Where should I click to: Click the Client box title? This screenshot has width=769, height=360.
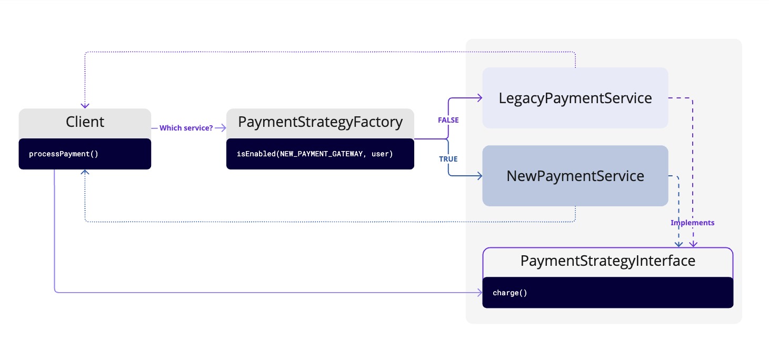(x=85, y=122)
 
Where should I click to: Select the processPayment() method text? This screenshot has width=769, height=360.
(x=64, y=154)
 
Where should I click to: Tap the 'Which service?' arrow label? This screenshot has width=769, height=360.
(x=186, y=128)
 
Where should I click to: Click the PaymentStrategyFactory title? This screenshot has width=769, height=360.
(x=320, y=122)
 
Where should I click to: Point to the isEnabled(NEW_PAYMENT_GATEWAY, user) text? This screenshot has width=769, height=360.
(x=315, y=154)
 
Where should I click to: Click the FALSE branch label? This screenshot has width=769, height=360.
(x=448, y=120)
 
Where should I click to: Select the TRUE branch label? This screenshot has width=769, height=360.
(x=448, y=159)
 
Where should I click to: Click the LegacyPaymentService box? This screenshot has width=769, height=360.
(x=575, y=98)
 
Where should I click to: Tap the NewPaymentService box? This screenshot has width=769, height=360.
(x=575, y=176)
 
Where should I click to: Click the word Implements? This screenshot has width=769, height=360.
(x=692, y=223)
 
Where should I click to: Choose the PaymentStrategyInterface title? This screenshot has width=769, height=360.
(x=607, y=261)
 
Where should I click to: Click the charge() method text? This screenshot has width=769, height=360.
(x=510, y=293)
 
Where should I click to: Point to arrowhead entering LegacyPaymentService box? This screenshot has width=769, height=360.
(x=480, y=98)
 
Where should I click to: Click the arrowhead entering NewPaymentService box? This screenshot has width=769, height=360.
(x=480, y=176)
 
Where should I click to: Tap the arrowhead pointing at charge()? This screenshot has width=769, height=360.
(x=480, y=292)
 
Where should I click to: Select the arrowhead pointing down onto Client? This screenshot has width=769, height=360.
(x=85, y=105)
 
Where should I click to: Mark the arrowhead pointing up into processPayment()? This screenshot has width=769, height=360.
(x=85, y=173)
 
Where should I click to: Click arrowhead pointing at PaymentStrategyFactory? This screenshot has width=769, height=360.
(x=223, y=128)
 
